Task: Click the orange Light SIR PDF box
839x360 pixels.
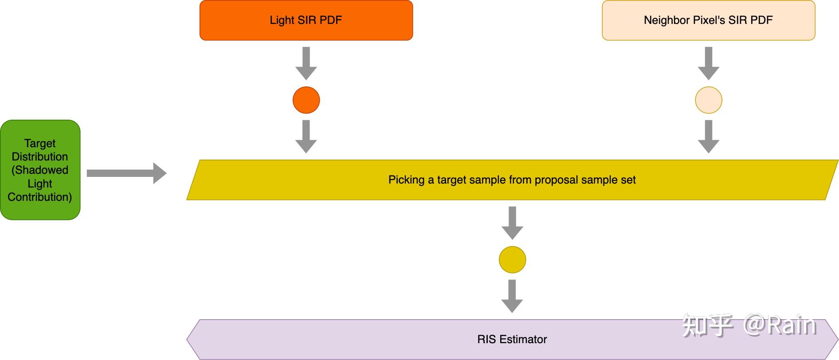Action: point(306,20)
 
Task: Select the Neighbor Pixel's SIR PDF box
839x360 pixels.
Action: point(708,20)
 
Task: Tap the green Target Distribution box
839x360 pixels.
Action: point(40,170)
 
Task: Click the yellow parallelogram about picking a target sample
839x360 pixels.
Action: point(512,180)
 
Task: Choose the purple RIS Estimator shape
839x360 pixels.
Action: point(512,340)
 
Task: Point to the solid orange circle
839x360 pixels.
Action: point(306,100)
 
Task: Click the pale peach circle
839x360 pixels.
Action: point(708,100)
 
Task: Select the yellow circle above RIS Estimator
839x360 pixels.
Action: point(512,260)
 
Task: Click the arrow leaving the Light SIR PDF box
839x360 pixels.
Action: point(306,63)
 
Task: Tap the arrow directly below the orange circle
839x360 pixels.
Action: point(306,137)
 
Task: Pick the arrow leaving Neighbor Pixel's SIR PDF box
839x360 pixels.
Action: point(708,63)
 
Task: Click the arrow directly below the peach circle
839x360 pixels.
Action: point(708,137)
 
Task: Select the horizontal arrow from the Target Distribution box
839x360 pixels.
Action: point(127,173)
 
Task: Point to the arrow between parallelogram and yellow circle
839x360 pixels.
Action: point(512,223)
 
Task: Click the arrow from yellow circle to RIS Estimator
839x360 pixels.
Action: point(512,296)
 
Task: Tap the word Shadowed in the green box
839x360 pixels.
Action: point(40,170)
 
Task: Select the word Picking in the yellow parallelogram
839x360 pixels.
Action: point(407,180)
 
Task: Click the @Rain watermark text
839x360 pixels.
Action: point(780,325)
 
